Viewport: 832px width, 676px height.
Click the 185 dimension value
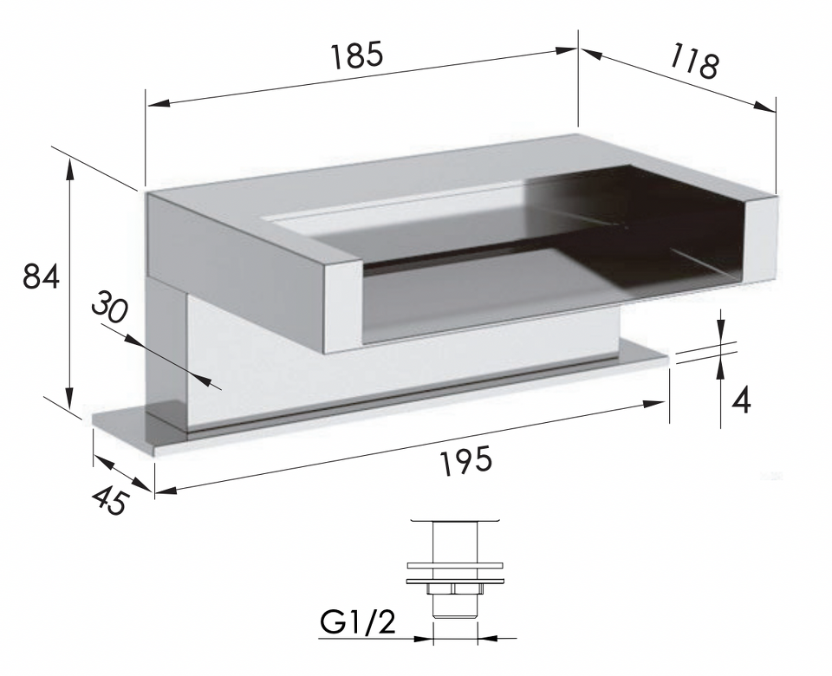coord(356,55)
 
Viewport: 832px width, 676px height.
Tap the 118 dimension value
coord(693,61)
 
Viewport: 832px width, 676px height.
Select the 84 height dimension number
coord(41,276)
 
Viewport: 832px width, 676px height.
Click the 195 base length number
coord(466,459)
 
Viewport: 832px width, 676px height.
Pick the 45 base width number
coord(110,501)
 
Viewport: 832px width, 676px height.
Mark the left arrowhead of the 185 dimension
coord(159,103)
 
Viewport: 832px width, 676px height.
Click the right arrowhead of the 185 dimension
coord(566,50)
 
